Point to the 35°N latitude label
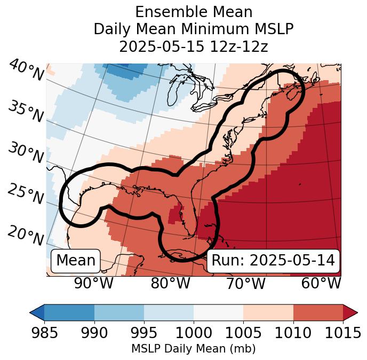(x=26, y=111)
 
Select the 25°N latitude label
(x=26, y=194)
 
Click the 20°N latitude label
(x=26, y=234)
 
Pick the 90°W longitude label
(x=94, y=284)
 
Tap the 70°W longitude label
(x=245, y=284)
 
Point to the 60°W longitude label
(x=321, y=284)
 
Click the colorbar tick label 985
(x=44, y=333)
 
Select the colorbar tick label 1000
(x=194, y=333)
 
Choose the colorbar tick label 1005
(x=243, y=333)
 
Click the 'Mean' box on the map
(x=76, y=261)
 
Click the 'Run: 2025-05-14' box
(x=273, y=261)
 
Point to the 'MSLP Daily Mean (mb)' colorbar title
(x=193, y=349)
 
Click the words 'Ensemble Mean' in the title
(x=194, y=12)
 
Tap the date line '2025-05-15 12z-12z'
(x=194, y=46)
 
